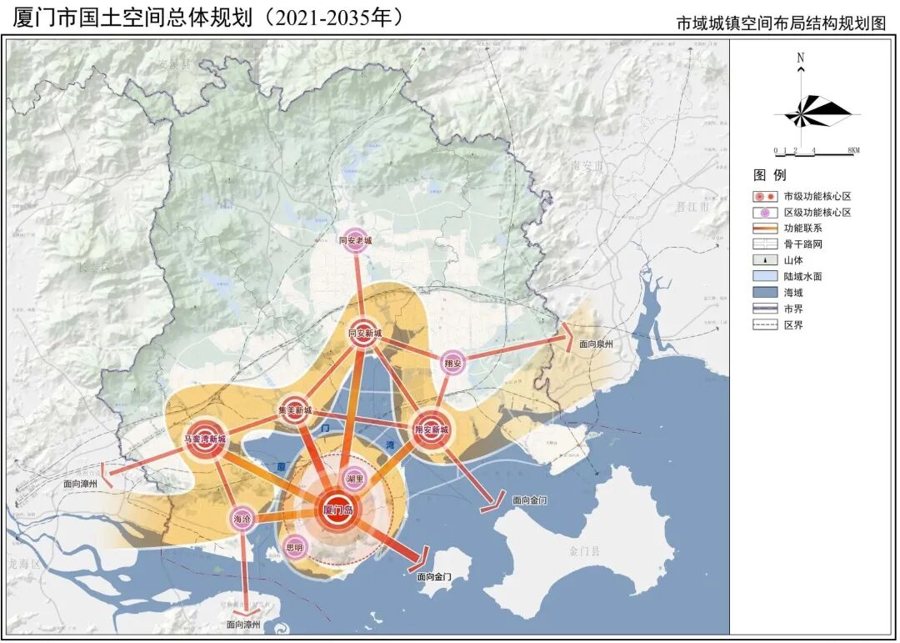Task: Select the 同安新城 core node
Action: (364, 333)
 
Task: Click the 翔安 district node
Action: (452, 363)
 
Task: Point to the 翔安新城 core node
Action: (432, 430)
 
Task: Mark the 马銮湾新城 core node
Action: (205, 439)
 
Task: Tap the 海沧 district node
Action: (242, 519)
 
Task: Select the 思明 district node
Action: (295, 547)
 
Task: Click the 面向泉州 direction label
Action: (596, 344)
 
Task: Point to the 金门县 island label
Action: (590, 551)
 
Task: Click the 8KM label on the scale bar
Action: (852, 151)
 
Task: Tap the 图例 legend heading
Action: (769, 176)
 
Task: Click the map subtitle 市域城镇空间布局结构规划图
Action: (782, 24)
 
